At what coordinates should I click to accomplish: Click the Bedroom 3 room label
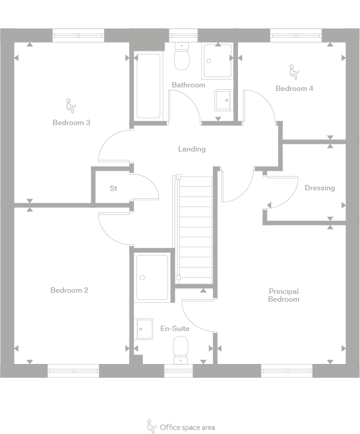coord(71,123)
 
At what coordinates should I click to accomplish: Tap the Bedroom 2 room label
coord(69,290)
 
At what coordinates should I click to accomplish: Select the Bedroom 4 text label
coord(294,89)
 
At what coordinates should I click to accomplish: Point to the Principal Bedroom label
coord(283,295)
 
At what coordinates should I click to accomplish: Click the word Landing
coord(191,149)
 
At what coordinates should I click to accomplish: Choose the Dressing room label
coord(319,188)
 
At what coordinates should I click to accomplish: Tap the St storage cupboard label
coord(113,189)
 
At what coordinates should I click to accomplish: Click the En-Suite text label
coord(175,329)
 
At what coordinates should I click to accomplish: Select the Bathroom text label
coord(188,85)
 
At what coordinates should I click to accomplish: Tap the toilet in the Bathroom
coord(181,56)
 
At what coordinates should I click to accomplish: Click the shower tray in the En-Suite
coord(151,277)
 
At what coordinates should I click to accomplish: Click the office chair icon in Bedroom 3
coord(69,106)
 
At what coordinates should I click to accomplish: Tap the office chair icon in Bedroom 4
coord(294,73)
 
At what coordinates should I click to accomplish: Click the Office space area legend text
coord(187,427)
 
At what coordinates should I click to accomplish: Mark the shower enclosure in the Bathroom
coord(217,60)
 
